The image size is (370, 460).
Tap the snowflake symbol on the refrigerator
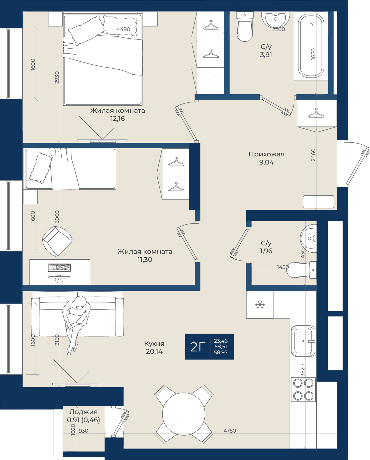260,304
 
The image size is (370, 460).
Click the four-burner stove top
303,389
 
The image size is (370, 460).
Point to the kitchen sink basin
303,341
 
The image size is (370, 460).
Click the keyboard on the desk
59,267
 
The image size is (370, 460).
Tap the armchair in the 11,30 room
57,241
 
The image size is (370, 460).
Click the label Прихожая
266,154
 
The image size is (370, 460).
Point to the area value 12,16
117,119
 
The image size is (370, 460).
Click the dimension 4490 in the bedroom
123,29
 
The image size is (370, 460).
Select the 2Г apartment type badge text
198,347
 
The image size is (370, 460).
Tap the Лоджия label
83,412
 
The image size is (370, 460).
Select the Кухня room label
154,344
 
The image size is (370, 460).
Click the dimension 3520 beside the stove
302,370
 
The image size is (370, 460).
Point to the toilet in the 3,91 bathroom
245,27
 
